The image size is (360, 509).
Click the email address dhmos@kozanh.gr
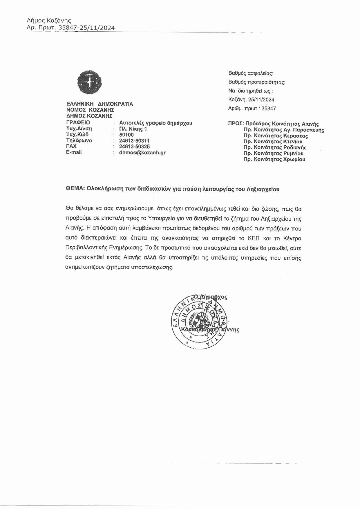[142, 153]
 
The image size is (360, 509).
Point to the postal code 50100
[126, 135]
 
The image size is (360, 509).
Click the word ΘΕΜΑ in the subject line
[75, 189]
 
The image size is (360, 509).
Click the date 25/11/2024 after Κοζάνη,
[261, 100]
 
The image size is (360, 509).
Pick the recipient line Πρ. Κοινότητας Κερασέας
[276, 136]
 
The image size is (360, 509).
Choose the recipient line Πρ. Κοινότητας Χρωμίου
[274, 159]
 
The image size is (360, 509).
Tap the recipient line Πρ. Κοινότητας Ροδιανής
[275, 147]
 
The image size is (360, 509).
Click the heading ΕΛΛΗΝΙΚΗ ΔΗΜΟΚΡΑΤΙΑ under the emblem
[100, 104]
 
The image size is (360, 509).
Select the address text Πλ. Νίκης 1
[133, 129]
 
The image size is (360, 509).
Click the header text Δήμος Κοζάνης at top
[49, 21]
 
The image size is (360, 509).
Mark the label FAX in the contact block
[71, 146]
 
